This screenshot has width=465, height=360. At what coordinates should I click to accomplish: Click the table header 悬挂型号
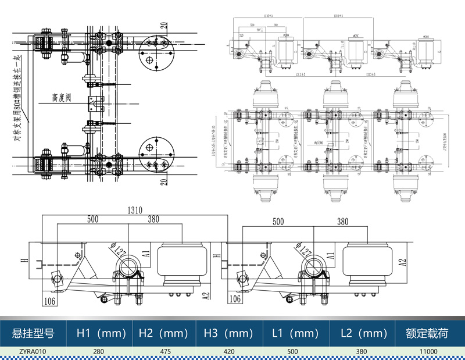coord(33,334)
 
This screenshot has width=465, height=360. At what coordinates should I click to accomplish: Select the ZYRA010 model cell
coord(33,351)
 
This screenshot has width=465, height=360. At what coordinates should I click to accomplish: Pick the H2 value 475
coord(165,351)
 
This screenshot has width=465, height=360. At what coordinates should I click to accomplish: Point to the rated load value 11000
coord(429,351)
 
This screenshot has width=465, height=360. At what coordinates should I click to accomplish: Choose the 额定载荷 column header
coord(429,334)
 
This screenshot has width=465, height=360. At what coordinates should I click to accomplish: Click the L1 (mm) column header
coord(295,334)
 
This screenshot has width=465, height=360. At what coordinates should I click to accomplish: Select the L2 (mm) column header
coord(362,334)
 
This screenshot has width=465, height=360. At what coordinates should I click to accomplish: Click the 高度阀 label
coord(62,98)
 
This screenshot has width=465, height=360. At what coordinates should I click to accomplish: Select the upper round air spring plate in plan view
coord(155,52)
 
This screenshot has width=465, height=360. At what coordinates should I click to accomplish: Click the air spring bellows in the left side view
coord(182,265)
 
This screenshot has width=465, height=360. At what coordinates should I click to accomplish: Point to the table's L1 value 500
coord(295,351)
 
